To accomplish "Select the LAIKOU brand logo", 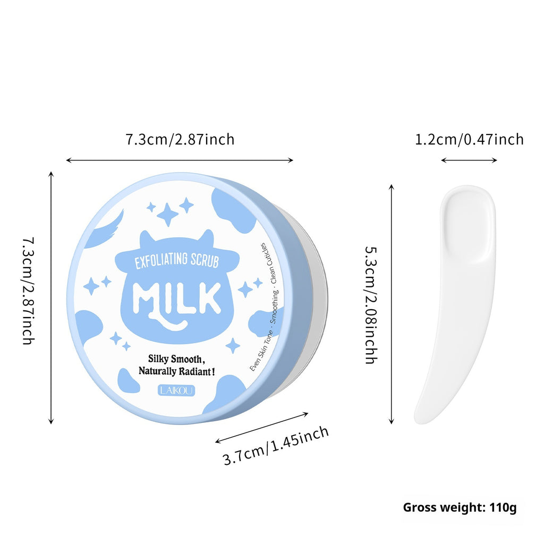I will (177, 390).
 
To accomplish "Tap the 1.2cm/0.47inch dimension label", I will (469, 140).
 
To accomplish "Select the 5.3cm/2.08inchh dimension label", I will (371, 304).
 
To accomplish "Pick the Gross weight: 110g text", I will (460, 507).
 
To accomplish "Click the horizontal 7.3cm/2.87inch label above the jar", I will (180, 140).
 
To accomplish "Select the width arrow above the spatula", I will (469, 160).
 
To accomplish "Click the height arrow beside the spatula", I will (392, 304).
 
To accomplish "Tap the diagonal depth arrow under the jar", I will (261, 426).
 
